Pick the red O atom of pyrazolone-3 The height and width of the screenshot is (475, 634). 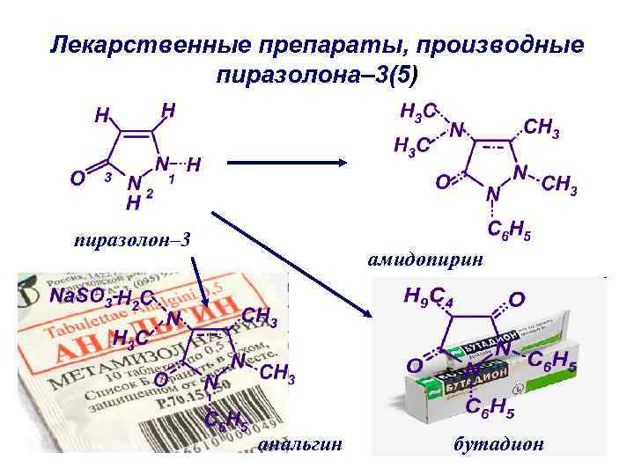click(x=77, y=179)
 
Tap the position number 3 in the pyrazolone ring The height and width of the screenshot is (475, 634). click(x=107, y=177)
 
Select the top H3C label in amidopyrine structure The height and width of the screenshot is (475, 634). click(x=419, y=112)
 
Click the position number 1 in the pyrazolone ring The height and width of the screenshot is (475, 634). click(x=172, y=179)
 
